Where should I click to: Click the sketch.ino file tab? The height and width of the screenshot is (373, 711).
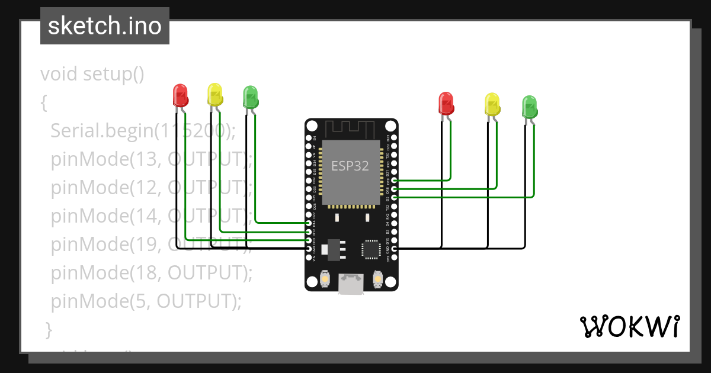(x=105, y=26)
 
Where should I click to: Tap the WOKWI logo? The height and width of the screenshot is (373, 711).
(x=629, y=326)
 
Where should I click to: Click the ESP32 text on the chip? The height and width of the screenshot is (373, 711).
(x=350, y=166)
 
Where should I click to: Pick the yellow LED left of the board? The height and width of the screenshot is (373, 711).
(x=214, y=94)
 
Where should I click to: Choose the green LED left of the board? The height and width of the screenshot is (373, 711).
(x=251, y=97)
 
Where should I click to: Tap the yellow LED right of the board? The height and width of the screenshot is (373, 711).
(x=492, y=104)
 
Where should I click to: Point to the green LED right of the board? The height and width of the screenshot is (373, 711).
(x=530, y=106)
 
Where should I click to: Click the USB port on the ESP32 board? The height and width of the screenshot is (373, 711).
(x=351, y=284)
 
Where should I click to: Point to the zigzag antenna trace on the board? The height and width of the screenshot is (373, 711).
(x=351, y=128)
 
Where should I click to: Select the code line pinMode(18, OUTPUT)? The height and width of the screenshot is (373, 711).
(x=152, y=273)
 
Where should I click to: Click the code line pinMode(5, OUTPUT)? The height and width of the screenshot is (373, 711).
(x=146, y=301)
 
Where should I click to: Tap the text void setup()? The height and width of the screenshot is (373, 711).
(x=92, y=75)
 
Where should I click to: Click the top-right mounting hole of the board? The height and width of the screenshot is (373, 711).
(x=390, y=126)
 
